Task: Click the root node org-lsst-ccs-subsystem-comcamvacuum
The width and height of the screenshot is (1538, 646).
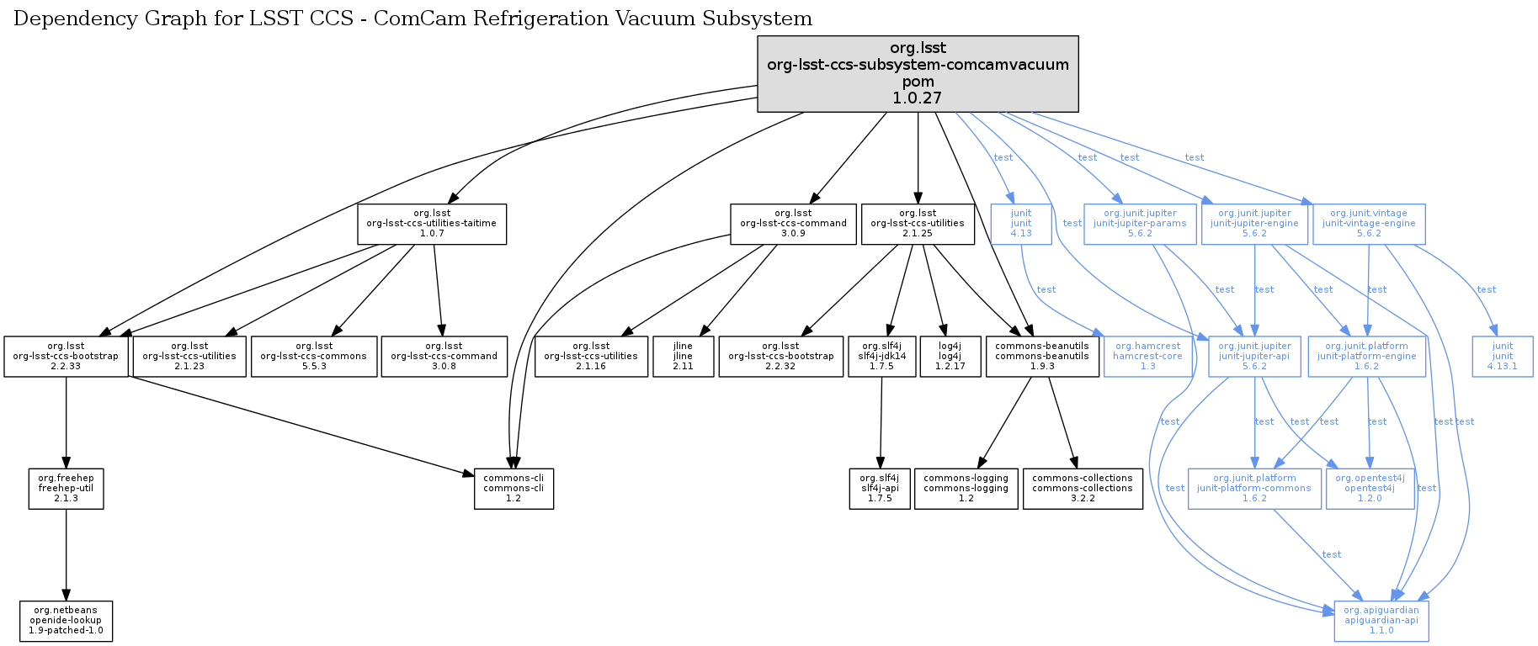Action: coord(918,73)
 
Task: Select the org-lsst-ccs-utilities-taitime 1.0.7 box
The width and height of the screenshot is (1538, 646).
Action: coord(432,224)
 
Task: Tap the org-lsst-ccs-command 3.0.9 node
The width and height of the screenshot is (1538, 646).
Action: coord(793,224)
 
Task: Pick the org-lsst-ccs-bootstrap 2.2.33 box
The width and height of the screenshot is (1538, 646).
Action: coord(66,357)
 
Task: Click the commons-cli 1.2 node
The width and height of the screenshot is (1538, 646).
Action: coord(514,489)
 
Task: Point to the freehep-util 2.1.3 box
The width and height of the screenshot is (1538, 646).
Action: coord(66,489)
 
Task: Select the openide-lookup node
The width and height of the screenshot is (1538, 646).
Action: coord(66,621)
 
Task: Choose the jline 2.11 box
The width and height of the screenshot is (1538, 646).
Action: coord(683,357)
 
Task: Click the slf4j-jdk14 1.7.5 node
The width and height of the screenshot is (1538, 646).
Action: coord(881,357)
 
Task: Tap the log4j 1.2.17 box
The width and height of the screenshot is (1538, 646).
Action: coord(950,357)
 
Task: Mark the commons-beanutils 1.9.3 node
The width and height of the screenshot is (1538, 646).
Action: coord(1042,357)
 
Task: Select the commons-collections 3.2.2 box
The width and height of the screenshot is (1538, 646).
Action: coord(1083,489)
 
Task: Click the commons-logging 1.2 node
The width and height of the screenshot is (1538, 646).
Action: coord(966,489)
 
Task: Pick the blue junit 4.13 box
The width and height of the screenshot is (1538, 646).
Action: coord(1021,224)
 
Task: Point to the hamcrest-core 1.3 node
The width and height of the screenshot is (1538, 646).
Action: coord(1147,357)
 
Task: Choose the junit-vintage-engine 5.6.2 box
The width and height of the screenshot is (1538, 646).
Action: coord(1369,224)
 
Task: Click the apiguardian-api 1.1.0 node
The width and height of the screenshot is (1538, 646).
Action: coord(1381,621)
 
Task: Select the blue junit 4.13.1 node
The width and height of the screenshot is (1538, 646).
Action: coord(1503,357)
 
